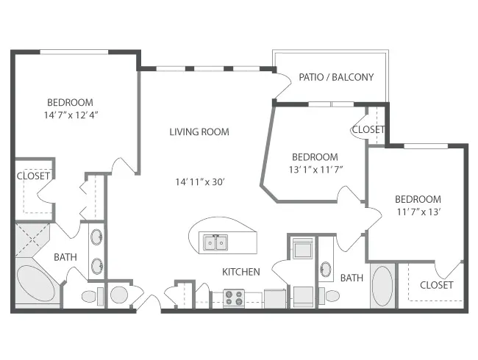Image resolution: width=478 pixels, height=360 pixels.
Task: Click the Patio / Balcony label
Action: (336, 77)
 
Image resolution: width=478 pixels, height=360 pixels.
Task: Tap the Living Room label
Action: (199, 132)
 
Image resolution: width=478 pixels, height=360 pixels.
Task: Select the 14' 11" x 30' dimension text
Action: (200, 181)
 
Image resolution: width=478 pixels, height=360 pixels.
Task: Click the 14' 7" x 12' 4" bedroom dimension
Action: (71, 115)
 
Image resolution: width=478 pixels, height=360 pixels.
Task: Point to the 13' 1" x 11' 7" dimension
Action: (316, 169)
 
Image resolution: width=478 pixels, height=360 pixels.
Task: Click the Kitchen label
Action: (241, 272)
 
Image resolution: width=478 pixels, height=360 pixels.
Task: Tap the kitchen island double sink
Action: (216, 242)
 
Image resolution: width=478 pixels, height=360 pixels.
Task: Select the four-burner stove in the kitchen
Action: (234, 298)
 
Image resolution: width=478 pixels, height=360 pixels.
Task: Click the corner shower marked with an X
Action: (32, 240)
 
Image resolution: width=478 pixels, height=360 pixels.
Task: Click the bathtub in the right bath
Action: (382, 286)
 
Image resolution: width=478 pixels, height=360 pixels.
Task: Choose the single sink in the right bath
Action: (326, 269)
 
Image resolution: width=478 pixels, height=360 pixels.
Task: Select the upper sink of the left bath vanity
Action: (97, 237)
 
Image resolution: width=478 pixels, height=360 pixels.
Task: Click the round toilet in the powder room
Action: (119, 295)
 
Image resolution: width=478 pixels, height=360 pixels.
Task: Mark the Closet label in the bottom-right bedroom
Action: (437, 285)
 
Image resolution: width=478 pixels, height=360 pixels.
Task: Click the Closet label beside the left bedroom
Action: (33, 176)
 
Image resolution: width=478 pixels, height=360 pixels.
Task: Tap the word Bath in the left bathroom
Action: (65, 257)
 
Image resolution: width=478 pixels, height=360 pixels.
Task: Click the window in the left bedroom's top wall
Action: (74, 52)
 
